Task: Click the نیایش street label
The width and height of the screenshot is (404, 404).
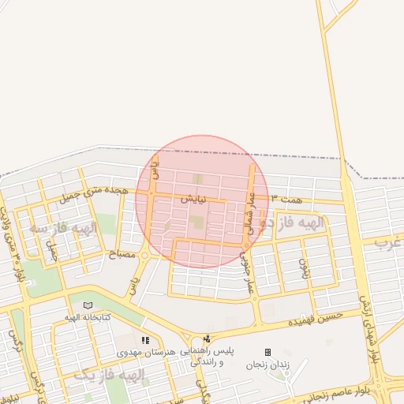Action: [193, 200]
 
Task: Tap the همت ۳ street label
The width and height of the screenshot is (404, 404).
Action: [286, 200]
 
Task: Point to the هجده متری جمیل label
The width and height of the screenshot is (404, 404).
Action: [93, 191]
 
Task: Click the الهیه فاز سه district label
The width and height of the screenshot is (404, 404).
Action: [63, 228]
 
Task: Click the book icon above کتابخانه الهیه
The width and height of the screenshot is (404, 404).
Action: [88, 305]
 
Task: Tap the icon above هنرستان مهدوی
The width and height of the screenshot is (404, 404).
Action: [145, 340]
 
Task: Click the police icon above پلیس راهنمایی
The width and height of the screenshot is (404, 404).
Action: [207, 339]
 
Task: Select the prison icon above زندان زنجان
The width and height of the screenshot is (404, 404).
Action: [267, 352]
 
